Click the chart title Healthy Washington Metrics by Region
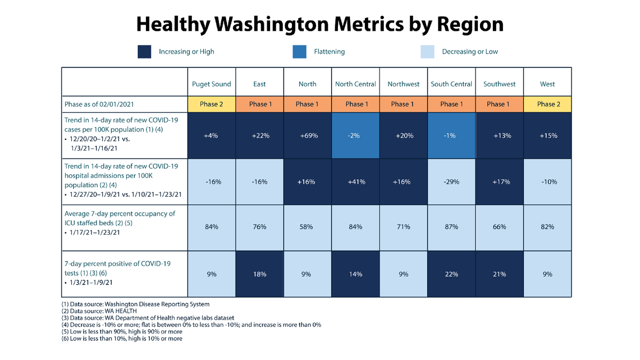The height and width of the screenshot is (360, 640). coord(319,25)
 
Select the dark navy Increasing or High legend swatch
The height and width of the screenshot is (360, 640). coord(145,52)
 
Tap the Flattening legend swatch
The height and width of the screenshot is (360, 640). coord(299,52)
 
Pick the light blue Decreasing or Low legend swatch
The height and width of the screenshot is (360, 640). coord(427,52)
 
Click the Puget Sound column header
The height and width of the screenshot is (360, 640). coord(211,84)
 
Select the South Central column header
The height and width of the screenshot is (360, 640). coord(451,84)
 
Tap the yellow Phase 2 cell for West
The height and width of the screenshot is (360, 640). coord(547,104)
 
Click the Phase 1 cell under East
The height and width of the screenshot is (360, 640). coord(259,104)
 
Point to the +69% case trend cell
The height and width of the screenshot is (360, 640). coord(307,135)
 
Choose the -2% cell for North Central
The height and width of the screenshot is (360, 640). coord(355,135)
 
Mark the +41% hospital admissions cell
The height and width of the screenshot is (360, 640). coord(355,181)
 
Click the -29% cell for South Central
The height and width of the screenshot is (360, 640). coord(451,181)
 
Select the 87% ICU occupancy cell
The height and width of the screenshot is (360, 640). coord(451,227)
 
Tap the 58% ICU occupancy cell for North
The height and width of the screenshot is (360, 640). coord(307,227)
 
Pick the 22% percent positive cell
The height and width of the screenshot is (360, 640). coord(451,274)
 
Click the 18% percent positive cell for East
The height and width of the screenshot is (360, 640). coord(259,274)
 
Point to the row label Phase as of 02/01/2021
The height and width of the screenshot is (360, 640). coord(99,104)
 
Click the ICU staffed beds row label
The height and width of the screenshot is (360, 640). coord(120,222)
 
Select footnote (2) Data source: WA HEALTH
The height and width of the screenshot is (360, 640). coord(99,311)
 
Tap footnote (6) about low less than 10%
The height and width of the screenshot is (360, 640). coord(122,339)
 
